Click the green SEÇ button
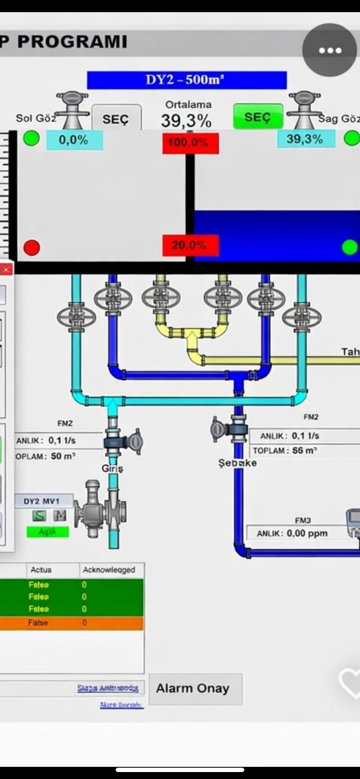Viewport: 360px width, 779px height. click(258, 117)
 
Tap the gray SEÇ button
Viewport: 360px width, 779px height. click(116, 119)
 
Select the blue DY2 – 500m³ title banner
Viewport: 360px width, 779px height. click(187, 80)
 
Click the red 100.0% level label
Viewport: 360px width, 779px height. click(190, 143)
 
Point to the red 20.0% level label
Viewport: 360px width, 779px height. click(190, 246)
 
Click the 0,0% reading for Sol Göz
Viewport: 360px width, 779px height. click(74, 140)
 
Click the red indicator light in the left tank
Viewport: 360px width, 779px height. click(31, 248)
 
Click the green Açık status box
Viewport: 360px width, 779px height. click(48, 532)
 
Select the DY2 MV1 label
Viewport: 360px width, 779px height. click(42, 501)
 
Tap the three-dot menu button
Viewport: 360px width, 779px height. click(330, 50)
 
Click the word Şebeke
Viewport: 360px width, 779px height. click(237, 463)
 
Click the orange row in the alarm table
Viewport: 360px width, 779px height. click(72, 623)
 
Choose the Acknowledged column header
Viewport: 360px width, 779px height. click(109, 569)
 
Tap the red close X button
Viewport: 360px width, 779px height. click(6, 270)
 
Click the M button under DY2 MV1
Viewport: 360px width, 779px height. click(60, 516)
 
